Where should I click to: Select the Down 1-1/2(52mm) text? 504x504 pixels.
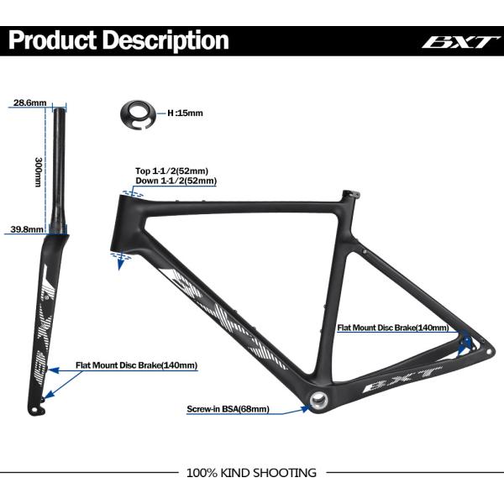(x=176, y=181)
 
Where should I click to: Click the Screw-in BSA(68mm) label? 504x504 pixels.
(x=228, y=410)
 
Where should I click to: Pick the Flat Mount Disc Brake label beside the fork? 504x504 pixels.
(x=136, y=365)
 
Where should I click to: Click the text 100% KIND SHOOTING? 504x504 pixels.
(x=251, y=473)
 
